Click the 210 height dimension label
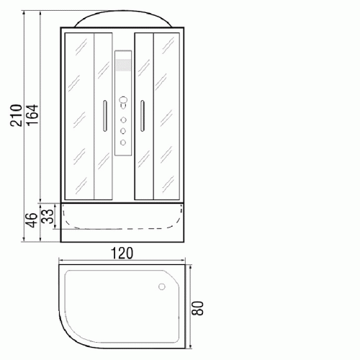click(x=16, y=115)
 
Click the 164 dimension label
click(x=32, y=114)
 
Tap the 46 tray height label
click(x=31, y=220)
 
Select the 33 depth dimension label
click(x=47, y=216)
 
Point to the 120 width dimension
click(x=122, y=253)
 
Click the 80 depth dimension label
click(x=198, y=308)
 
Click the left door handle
click(x=105, y=116)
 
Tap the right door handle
click(x=143, y=116)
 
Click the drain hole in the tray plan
click(x=162, y=287)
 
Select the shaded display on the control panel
click(x=123, y=65)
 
